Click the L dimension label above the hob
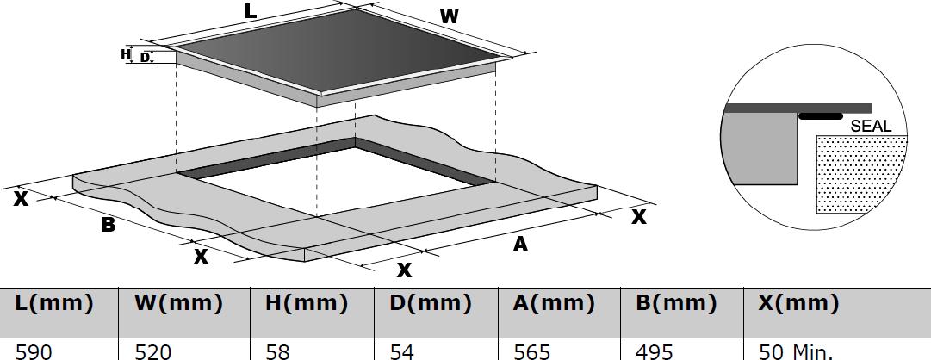click(x=250, y=10)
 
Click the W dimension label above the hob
click(x=449, y=16)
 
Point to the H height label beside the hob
click(x=125, y=54)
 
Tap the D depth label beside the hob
click(x=145, y=58)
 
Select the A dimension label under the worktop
click(x=520, y=244)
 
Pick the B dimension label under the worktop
click(x=108, y=225)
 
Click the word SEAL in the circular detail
click(x=871, y=126)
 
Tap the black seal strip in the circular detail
click(x=821, y=116)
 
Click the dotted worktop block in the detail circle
click(x=861, y=173)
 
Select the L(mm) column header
click(x=54, y=303)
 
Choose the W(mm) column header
click(x=178, y=303)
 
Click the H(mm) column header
click(x=306, y=303)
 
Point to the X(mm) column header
click(x=798, y=303)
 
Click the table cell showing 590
click(x=34, y=351)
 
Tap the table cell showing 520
click(x=153, y=351)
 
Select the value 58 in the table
click(x=278, y=351)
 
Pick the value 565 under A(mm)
click(x=531, y=351)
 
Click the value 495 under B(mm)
click(x=655, y=351)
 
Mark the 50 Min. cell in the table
click(x=796, y=351)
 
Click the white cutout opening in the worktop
click(x=336, y=179)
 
